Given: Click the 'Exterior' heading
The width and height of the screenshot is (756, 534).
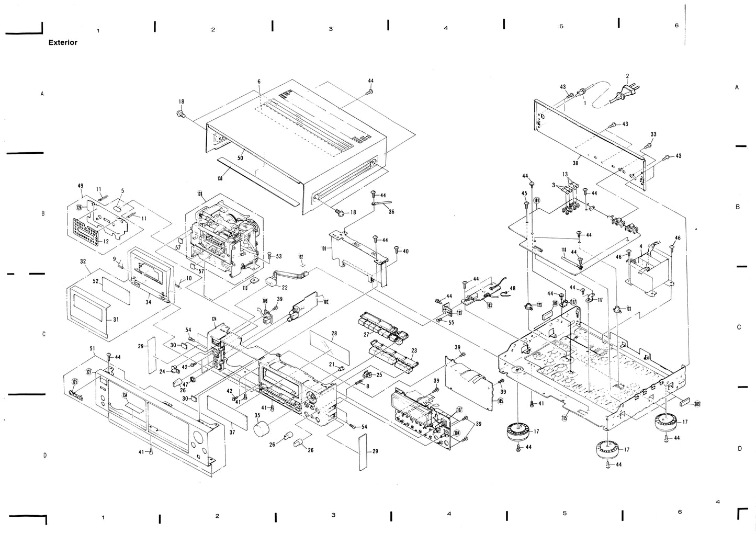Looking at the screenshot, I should (63, 42).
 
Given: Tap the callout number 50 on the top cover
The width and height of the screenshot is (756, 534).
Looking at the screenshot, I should (241, 157).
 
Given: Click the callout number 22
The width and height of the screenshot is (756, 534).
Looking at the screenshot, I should (285, 287).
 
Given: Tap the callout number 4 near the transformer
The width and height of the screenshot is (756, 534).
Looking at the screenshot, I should (640, 246).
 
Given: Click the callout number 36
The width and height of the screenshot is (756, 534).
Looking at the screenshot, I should (391, 211).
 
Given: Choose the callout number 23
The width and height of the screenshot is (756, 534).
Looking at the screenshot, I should (413, 351).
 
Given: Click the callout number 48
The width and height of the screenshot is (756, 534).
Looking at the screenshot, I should (512, 288).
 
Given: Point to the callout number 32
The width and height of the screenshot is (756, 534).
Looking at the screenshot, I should (83, 260).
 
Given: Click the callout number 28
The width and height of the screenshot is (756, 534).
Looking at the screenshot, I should (334, 333).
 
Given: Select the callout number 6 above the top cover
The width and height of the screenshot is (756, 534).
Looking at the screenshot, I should (258, 82).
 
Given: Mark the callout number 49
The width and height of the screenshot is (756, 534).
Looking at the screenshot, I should (81, 186).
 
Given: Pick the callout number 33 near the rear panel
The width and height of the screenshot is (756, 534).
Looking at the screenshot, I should (653, 134).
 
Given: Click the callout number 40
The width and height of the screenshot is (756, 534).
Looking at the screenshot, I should (405, 251).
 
